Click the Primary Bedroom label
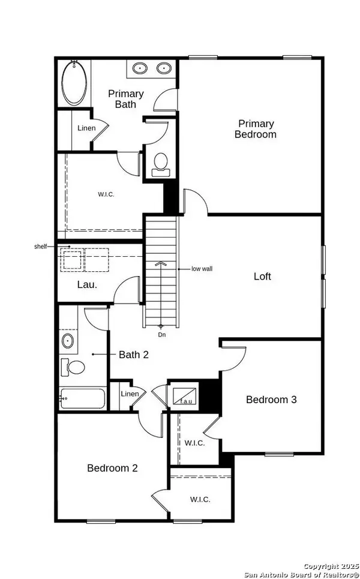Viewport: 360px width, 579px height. point(255,129)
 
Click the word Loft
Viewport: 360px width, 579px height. point(262,277)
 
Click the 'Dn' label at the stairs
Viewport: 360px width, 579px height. point(161,334)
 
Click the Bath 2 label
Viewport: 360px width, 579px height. point(133,355)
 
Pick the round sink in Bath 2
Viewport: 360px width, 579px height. point(68,341)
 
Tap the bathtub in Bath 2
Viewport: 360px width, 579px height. point(82,399)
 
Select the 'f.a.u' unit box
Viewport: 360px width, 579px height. point(182,395)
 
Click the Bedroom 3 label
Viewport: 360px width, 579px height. point(271,400)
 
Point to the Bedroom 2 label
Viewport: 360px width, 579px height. point(112,468)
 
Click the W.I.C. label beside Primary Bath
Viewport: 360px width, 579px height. point(106,194)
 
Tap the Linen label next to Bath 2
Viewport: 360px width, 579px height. point(130,394)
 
